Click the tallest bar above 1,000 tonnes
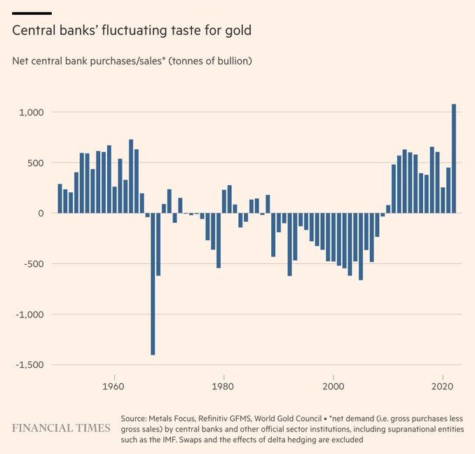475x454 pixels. click(454, 158)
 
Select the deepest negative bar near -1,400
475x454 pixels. click(153, 284)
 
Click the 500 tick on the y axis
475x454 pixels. click(36, 163)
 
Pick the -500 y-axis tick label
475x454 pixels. click(34, 264)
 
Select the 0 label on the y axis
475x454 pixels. click(41, 214)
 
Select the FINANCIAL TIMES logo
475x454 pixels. click(61, 427)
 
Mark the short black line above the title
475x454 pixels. click(32, 13)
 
